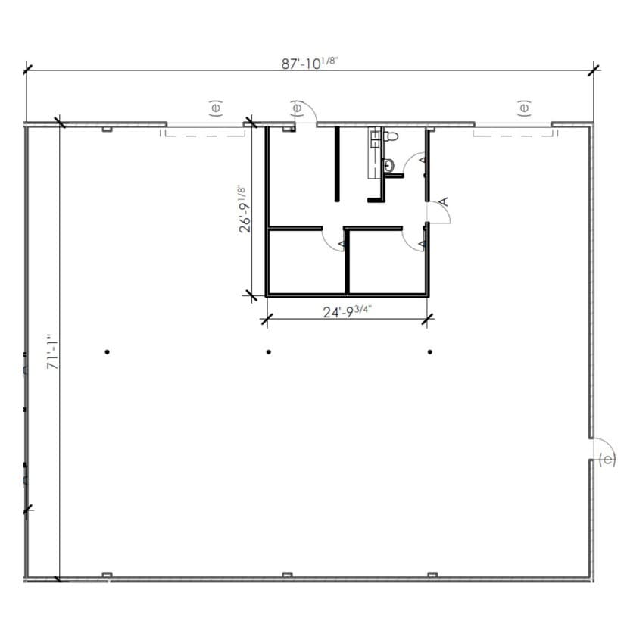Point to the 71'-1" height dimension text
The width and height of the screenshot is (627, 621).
tap(52, 352)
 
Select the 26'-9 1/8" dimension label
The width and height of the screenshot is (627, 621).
tap(243, 209)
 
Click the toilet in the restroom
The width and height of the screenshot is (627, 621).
tap(389, 136)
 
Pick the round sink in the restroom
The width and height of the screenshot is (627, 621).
tap(388, 164)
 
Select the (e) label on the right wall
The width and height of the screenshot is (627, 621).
tap(607, 460)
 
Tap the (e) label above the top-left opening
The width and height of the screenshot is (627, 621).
tap(215, 108)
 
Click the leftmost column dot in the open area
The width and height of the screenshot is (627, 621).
tap(108, 351)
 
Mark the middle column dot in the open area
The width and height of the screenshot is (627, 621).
tap(269, 351)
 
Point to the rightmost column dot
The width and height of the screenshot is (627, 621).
tap(430, 351)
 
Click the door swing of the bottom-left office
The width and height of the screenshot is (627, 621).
tap(334, 239)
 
